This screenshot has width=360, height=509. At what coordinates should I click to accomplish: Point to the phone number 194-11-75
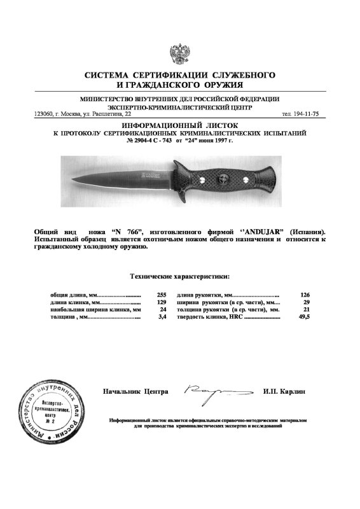[311, 115]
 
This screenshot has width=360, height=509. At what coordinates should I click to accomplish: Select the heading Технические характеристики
[180, 277]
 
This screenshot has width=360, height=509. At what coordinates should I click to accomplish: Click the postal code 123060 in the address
[42, 115]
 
